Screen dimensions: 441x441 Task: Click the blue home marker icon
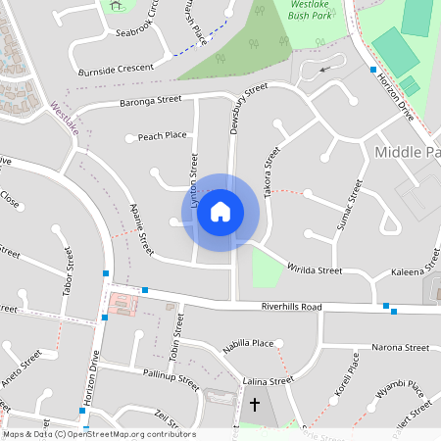point(220,212)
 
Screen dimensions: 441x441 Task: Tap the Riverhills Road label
point(291,307)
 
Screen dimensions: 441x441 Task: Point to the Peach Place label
point(162,136)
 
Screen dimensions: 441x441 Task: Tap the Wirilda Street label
point(314,269)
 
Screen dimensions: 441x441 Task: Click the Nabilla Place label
point(248,344)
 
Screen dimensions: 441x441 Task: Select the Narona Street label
point(400,347)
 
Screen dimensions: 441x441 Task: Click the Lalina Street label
point(268,380)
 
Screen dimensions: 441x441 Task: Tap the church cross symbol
point(255,404)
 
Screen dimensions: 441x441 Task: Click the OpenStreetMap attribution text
point(98,434)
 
